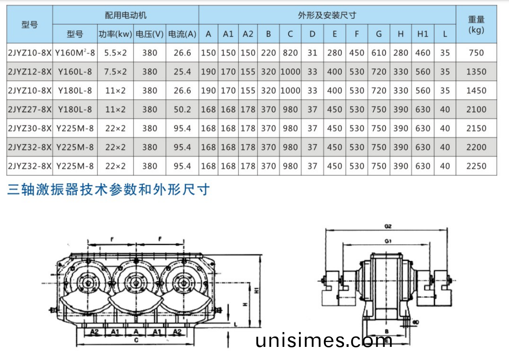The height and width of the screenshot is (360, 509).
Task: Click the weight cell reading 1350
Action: (x=476, y=72)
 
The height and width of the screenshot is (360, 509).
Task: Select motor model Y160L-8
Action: (x=75, y=72)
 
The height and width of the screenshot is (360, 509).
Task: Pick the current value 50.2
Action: (x=182, y=110)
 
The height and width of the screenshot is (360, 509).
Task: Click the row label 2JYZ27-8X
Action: (x=30, y=110)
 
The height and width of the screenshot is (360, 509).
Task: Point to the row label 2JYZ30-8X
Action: (x=30, y=128)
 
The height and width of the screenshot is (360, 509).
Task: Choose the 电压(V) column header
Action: (x=150, y=34)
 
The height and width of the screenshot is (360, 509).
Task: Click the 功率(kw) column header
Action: (x=115, y=34)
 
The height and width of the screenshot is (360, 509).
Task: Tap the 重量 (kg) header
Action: (x=476, y=24)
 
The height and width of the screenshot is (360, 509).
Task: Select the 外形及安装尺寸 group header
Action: (x=327, y=15)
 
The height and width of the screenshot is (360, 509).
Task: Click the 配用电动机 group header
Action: (x=126, y=15)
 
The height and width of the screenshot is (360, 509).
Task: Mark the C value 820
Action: (x=290, y=53)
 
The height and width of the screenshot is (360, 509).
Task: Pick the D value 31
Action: (x=312, y=53)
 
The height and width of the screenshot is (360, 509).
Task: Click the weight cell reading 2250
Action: (x=476, y=166)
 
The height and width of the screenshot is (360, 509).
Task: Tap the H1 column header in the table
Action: (x=423, y=34)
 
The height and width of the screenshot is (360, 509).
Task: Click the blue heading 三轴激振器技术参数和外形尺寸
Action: (x=109, y=190)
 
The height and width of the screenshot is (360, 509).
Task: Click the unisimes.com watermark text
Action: (x=324, y=340)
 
